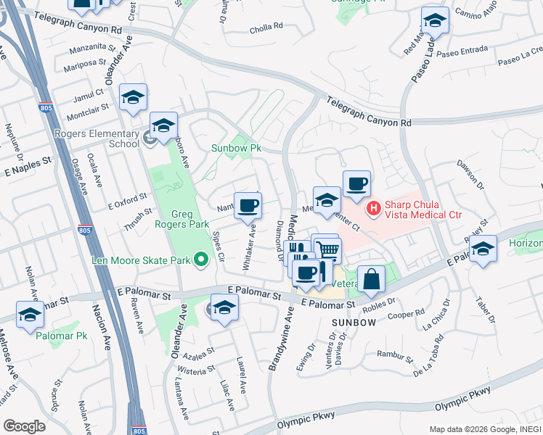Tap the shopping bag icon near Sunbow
click(x=370, y=279)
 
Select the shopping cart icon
click(x=328, y=250)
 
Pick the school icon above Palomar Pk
click(x=30, y=314)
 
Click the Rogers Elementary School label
click(x=97, y=138)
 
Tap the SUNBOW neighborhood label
click(x=354, y=321)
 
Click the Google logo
click(x=24, y=426)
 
